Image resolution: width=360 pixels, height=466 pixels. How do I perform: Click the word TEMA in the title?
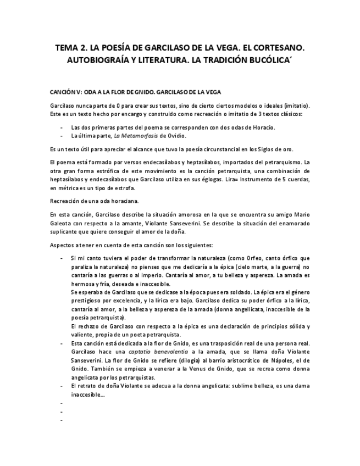(69, 48)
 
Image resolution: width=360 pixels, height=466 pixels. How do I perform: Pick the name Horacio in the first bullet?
(264, 127)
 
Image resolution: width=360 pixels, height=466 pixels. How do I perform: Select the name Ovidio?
(176, 136)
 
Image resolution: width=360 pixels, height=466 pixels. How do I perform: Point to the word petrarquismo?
(276, 162)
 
